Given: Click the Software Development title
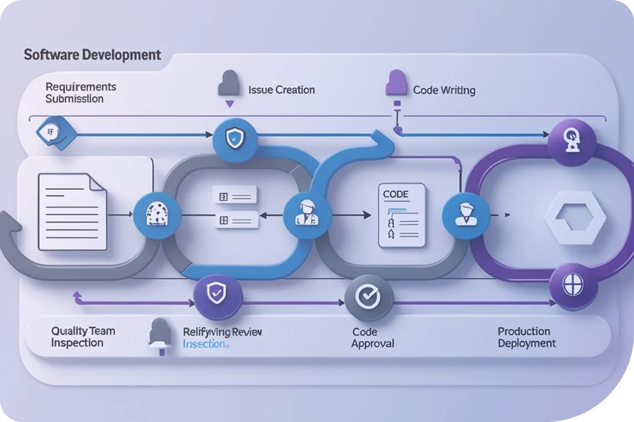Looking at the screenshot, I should (x=92, y=55).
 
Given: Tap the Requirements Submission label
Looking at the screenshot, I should (x=81, y=93).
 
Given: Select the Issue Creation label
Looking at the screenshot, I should (x=281, y=89).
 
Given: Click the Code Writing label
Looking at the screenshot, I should (x=444, y=90).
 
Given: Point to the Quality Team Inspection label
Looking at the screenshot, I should (x=83, y=337).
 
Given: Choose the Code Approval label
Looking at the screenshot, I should (x=372, y=338).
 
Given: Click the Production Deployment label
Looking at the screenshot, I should (x=526, y=337).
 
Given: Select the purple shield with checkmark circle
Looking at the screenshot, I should (x=218, y=293).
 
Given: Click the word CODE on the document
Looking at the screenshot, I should (x=396, y=195).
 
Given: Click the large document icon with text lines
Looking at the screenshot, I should (x=72, y=211).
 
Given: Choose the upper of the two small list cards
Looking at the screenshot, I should (x=234, y=195).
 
